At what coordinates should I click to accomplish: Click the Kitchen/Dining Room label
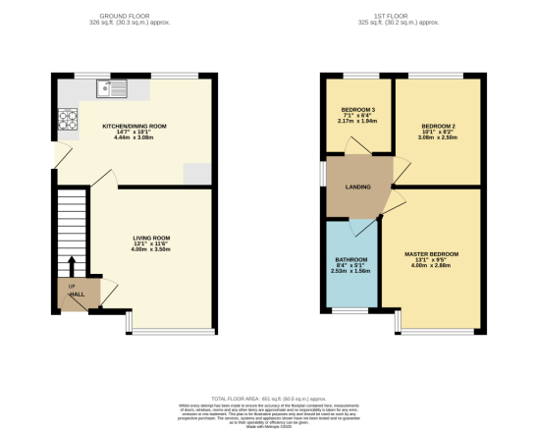click(136, 126)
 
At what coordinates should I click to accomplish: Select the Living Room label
click(152, 238)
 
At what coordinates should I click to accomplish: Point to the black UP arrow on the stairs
click(71, 265)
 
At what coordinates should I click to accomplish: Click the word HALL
click(77, 294)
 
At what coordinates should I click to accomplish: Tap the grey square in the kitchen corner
click(197, 173)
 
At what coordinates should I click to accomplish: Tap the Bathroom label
click(350, 260)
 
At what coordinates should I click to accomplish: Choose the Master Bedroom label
click(431, 254)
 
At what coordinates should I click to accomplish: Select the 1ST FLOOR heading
click(403, 17)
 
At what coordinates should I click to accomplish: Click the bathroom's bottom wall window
click(351, 310)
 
